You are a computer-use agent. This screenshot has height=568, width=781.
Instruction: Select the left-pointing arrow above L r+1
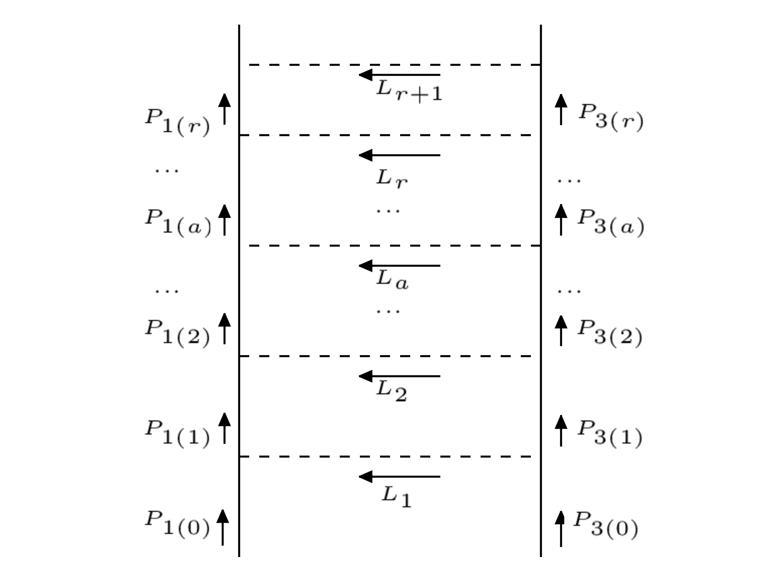(399, 75)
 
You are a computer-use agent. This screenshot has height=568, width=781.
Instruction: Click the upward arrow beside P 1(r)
(224, 109)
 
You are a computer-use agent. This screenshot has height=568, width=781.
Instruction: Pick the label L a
(392, 280)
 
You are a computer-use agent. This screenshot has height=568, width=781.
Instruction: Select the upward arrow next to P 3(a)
(561, 220)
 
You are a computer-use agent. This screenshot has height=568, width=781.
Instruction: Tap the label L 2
(391, 391)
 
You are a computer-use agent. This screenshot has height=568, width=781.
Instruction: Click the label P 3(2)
(610, 332)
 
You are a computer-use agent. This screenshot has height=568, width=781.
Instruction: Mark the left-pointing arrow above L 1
(399, 477)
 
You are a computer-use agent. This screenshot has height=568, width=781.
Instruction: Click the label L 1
(396, 496)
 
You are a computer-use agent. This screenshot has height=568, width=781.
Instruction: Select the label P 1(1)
(177, 432)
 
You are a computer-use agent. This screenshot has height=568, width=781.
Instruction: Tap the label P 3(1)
(610, 432)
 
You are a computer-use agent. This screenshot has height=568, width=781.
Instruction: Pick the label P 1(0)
(177, 523)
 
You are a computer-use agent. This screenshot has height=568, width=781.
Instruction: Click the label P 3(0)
(605, 524)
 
